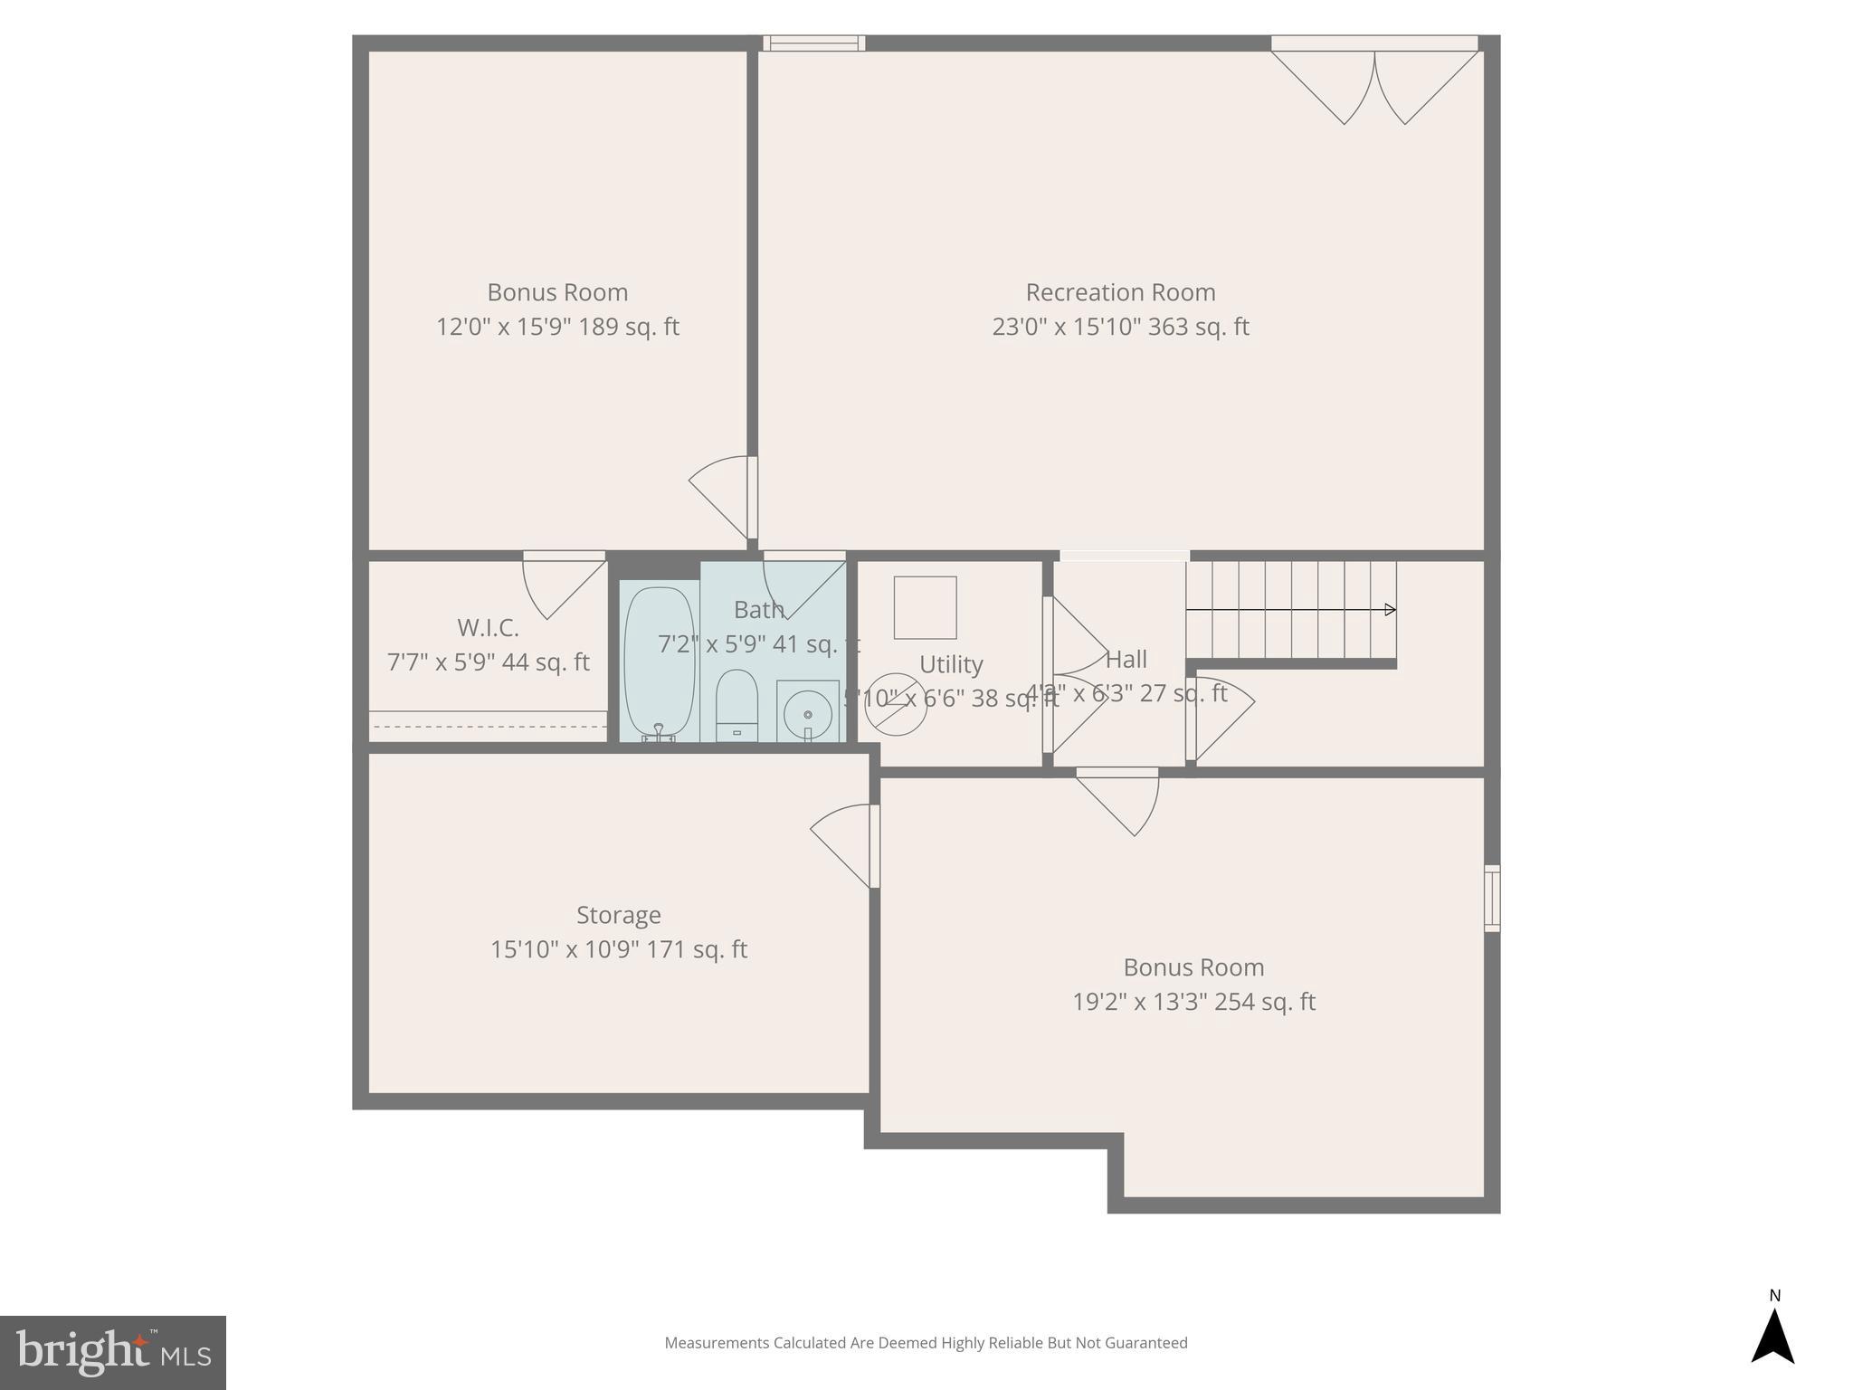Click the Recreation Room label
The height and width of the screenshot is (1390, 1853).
coord(1120,292)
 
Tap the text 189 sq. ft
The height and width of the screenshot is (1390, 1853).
coord(629,327)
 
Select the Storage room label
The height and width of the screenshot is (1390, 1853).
coord(619,915)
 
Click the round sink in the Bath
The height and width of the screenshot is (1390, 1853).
coord(808,714)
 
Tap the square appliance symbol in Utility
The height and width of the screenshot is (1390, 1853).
coord(925,608)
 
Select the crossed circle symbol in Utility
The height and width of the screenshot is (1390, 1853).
coord(896,703)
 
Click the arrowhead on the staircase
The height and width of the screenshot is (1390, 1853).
coord(1390,610)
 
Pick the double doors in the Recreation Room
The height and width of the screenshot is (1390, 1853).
coord(1374,86)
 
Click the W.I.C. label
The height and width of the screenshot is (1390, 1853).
coord(488,628)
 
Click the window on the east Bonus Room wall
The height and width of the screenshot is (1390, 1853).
coord(1492,898)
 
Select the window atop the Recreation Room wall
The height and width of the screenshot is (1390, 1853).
coord(813,43)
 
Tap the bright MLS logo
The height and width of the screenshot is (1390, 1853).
coord(112,1352)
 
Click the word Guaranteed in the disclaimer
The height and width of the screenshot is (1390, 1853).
coord(1145,1344)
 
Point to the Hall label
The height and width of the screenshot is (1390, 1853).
coord(1126,659)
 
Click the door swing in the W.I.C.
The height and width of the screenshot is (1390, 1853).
coord(562,586)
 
